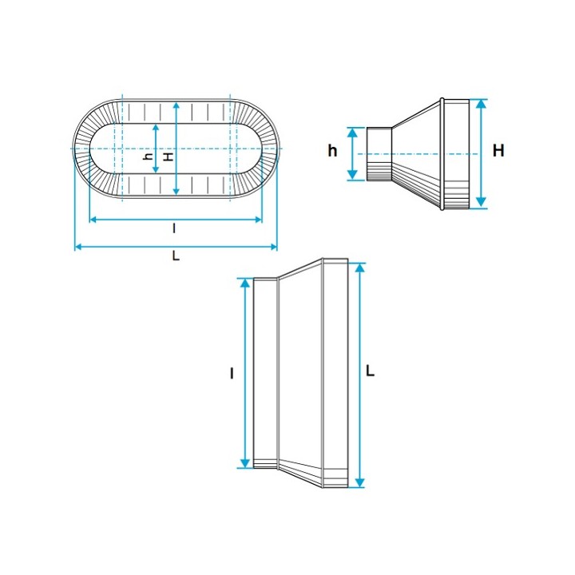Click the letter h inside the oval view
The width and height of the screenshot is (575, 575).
click(x=148, y=157)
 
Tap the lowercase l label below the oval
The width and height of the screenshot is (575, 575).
click(x=174, y=228)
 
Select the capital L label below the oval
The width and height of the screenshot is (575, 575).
click(x=176, y=256)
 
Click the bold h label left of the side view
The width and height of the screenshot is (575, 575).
click(x=332, y=151)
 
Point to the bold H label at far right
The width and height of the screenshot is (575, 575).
click(x=498, y=151)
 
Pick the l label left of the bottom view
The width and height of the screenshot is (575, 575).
click(x=232, y=373)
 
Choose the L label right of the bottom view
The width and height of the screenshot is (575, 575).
click(x=371, y=371)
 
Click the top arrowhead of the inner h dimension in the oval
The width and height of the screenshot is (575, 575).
click(x=156, y=127)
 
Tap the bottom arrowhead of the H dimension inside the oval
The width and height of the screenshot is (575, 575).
click(x=176, y=192)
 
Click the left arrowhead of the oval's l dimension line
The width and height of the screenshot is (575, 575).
click(x=93, y=220)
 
